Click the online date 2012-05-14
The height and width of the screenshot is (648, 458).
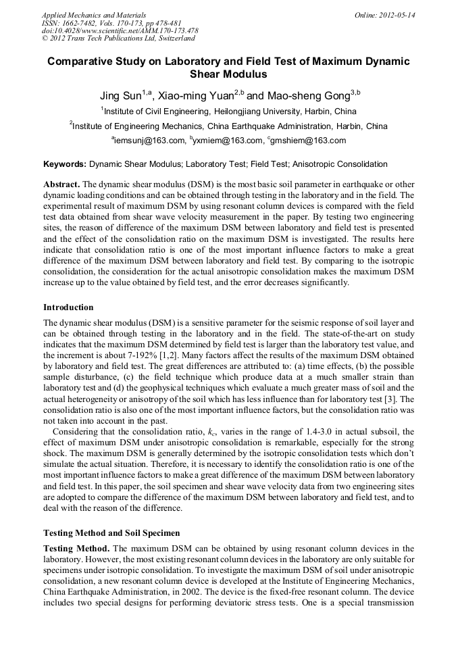397,14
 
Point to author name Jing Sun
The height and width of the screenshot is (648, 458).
120,95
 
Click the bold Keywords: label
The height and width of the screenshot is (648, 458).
65,164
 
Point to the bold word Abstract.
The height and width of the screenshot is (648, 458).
62,184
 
